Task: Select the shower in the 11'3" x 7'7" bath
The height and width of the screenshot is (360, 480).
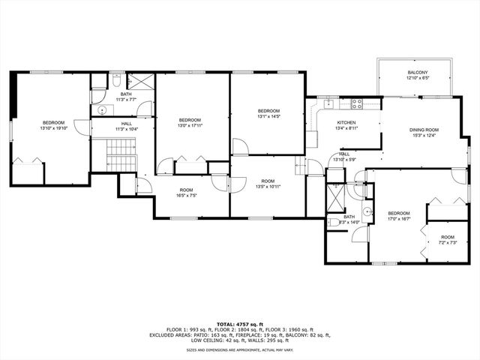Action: click(x=140, y=80)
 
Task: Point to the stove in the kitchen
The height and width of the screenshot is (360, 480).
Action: click(x=357, y=103)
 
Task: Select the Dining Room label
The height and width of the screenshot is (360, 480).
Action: click(x=424, y=130)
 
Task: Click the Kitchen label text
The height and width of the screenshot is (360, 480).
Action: click(x=346, y=122)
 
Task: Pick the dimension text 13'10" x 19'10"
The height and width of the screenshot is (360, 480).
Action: click(x=53, y=128)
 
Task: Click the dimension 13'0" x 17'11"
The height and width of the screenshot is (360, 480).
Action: click(x=190, y=125)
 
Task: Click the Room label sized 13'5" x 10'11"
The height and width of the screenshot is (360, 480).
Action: click(x=268, y=181)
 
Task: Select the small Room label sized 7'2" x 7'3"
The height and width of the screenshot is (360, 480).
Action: click(x=447, y=236)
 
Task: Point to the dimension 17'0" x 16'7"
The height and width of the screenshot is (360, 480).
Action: click(x=398, y=219)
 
